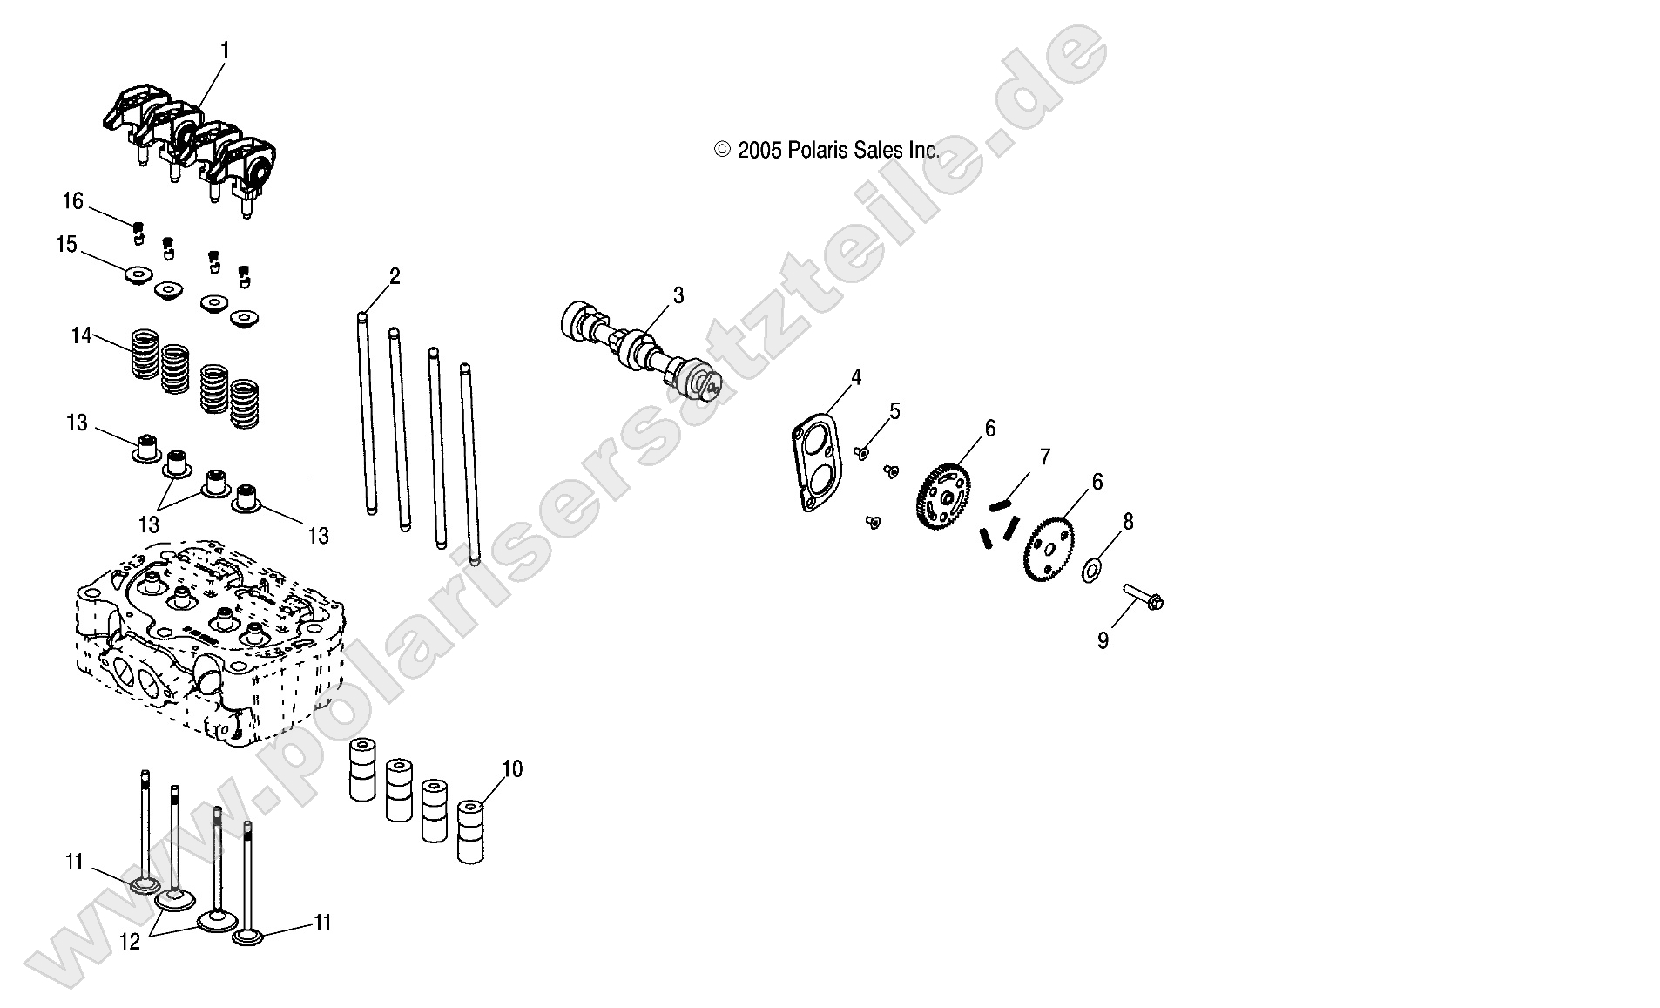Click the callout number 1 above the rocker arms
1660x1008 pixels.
[225, 51]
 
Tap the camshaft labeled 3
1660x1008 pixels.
[642, 354]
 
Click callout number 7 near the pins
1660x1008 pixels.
[1045, 457]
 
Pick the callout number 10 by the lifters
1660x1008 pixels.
[512, 768]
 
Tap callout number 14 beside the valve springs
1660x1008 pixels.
[81, 335]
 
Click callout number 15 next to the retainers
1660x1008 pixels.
[67, 245]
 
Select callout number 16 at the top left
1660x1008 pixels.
[72, 201]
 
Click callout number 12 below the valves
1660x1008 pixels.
[130, 943]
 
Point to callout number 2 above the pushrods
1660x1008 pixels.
[395, 277]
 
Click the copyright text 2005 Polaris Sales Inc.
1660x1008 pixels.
[827, 151]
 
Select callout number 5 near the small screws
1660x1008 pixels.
[894, 411]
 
